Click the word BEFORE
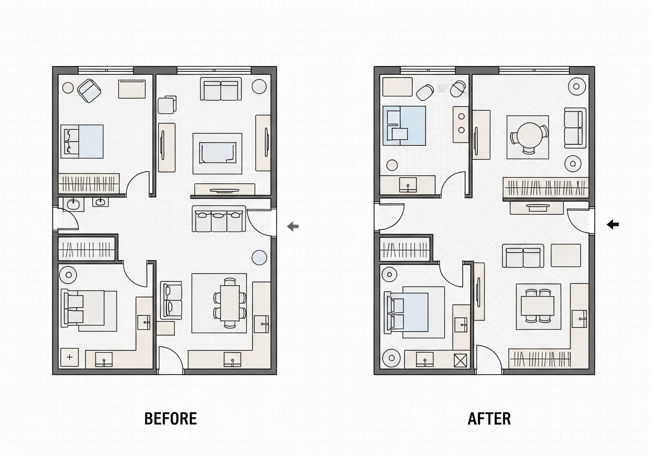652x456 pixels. tap(171, 418)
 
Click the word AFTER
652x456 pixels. tap(490, 418)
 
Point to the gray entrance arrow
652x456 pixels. tap(293, 226)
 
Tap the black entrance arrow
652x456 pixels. tap(613, 224)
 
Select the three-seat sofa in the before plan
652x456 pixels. tap(219, 219)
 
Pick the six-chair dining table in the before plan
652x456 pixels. tap(230, 303)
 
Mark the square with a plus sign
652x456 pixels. tap(69, 357)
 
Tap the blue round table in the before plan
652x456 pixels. tap(259, 258)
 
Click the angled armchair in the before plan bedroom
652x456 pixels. tap(89, 91)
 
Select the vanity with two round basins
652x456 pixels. tap(461, 124)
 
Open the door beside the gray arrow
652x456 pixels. tap(260, 222)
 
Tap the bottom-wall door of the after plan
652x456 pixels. tap(489, 359)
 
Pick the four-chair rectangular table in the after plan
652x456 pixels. tap(537, 306)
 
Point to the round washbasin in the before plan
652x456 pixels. tap(73, 205)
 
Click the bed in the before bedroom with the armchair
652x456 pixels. tap(82, 141)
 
